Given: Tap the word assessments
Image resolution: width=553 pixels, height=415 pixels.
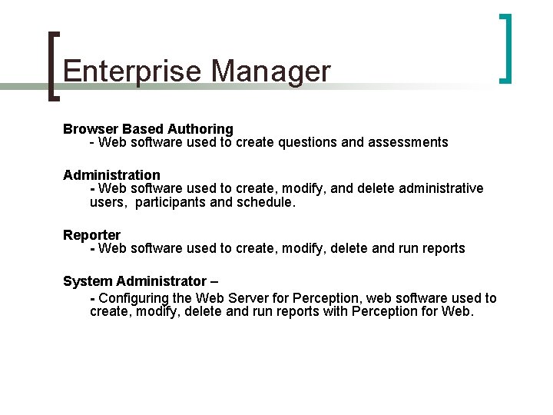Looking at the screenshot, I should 410,142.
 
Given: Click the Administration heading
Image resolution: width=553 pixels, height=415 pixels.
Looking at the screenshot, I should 111,174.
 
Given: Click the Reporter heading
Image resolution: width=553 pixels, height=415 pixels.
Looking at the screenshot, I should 91,234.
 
